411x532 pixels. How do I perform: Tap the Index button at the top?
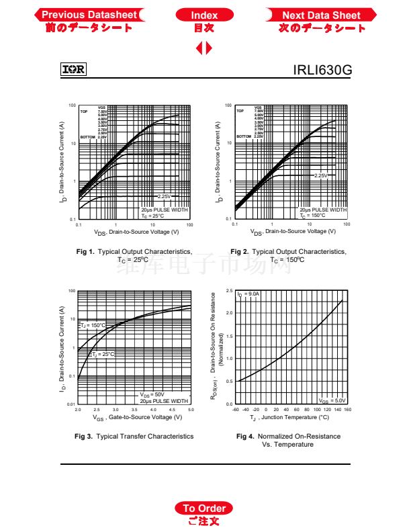point(204,15)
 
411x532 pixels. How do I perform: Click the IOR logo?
point(73,69)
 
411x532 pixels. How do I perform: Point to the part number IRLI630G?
point(322,70)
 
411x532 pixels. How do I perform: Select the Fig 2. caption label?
point(239,251)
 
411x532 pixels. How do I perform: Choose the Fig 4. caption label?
point(244,436)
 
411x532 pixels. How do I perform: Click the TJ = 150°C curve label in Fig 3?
point(93,325)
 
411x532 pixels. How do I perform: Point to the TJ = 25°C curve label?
point(103,354)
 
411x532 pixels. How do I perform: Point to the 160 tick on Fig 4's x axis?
point(347,409)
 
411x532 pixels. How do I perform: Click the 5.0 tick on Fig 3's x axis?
point(191,409)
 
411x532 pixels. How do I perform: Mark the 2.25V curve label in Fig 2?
point(321,175)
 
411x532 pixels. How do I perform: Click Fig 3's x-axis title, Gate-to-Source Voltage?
point(137,417)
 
